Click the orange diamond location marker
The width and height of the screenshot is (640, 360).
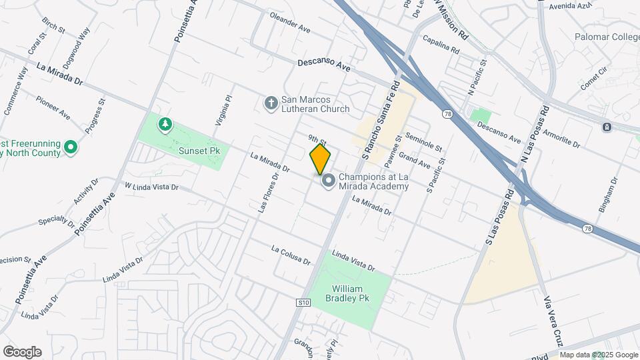[320, 159]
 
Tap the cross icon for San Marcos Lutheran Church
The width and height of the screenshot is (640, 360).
[271, 103]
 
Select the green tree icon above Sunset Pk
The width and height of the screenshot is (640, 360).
[165, 123]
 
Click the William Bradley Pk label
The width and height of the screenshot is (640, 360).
[347, 294]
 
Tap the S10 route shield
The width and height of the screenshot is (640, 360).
[303, 302]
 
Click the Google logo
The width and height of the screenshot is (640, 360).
[22, 352]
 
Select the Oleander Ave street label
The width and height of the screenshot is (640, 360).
[290, 23]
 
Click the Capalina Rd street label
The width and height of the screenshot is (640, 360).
[441, 45]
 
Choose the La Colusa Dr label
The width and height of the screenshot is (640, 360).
[291, 255]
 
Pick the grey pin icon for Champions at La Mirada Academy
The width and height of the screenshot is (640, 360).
[328, 181]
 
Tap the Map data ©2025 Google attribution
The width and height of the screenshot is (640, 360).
[599, 355]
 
